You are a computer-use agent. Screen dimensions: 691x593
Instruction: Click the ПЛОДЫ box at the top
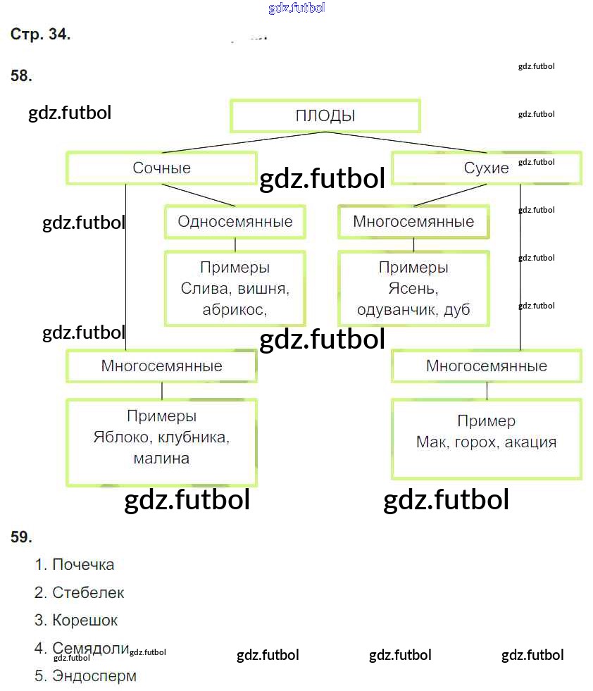(x=325, y=116)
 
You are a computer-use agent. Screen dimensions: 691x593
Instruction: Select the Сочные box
(x=161, y=168)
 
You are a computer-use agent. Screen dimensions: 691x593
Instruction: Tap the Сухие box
(x=486, y=168)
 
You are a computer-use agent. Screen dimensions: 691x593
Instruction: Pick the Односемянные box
(x=235, y=222)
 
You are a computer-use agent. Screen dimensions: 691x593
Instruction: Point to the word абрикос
(x=232, y=309)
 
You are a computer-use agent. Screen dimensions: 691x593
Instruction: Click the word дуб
(x=456, y=310)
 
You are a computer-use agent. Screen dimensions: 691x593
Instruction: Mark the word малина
(x=161, y=459)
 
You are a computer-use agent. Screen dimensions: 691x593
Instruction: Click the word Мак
(x=431, y=442)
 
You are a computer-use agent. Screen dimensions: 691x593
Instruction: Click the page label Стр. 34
(x=40, y=35)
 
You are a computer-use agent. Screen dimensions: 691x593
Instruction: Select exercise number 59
(x=21, y=537)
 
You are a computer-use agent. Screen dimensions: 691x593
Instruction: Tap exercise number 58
(x=21, y=76)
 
